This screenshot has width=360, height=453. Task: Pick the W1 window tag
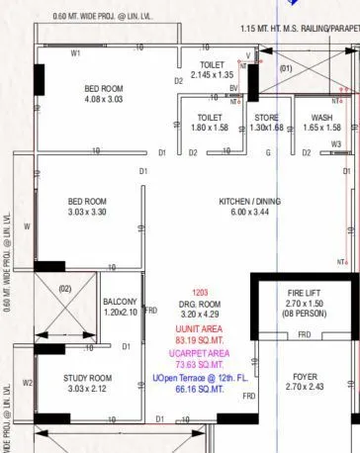[76, 53]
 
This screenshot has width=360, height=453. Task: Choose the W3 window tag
[336, 144]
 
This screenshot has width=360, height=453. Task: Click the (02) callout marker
[65, 288]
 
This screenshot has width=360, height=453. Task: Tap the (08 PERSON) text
[304, 314]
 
